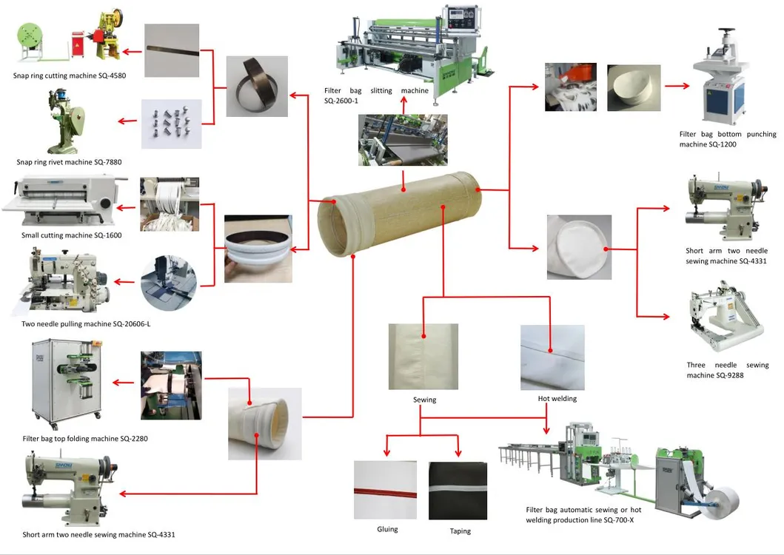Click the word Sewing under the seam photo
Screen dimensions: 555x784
(x=424, y=400)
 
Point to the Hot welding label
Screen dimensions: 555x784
(x=557, y=399)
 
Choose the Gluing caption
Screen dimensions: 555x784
(x=387, y=529)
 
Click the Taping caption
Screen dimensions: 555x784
(x=460, y=531)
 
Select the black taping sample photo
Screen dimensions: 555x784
(x=458, y=490)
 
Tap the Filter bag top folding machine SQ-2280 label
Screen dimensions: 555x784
(x=85, y=439)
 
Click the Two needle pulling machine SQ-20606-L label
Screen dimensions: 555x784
(x=81, y=324)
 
